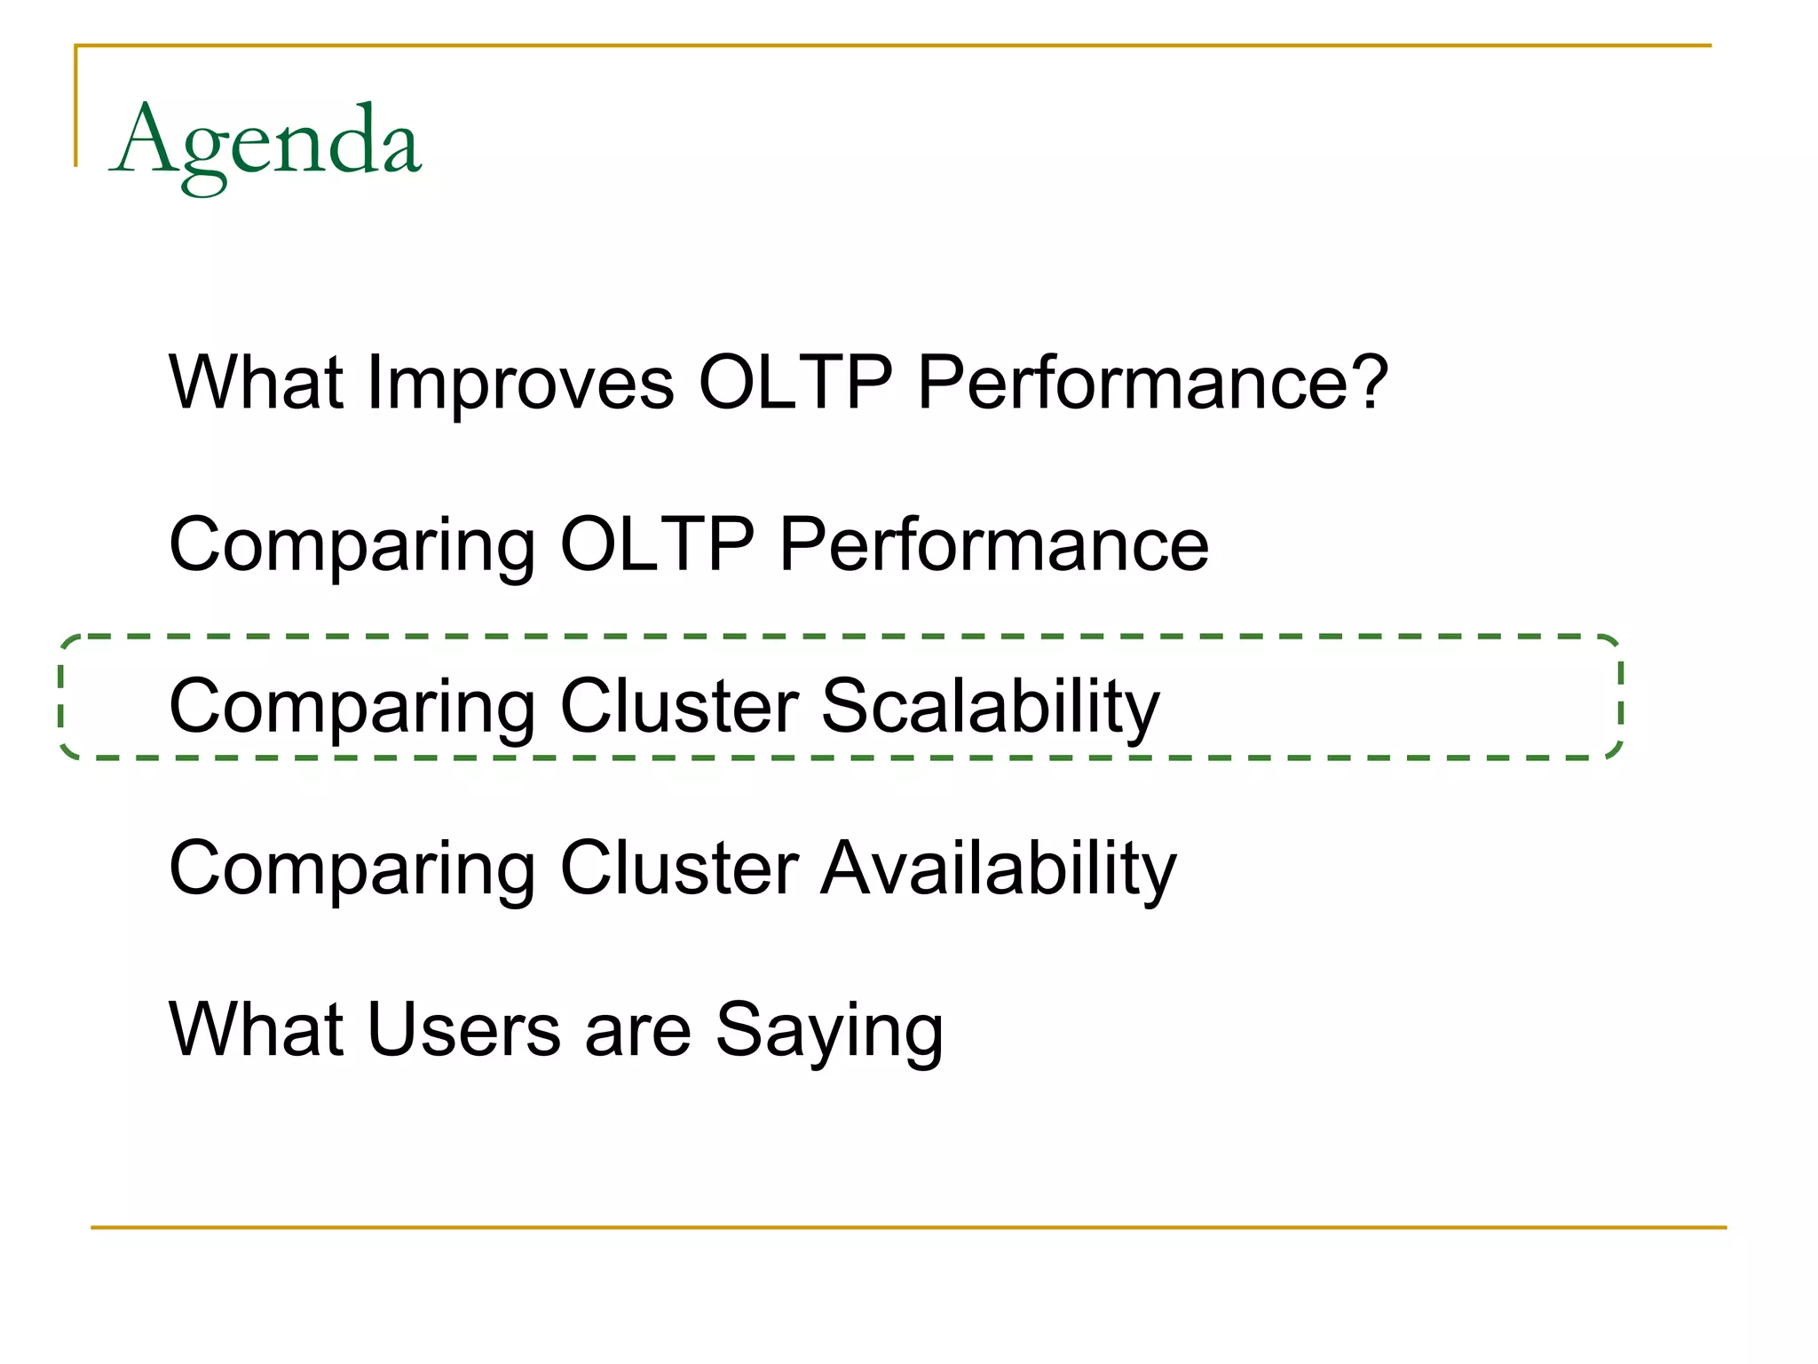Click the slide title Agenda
(x=266, y=142)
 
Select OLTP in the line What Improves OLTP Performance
(x=794, y=383)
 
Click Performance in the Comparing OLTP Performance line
(x=993, y=544)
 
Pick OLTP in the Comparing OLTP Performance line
(x=657, y=544)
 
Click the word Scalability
(x=990, y=707)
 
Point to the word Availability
(x=998, y=868)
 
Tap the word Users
(x=463, y=1030)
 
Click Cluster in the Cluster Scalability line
(x=680, y=707)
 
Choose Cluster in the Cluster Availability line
(x=680, y=868)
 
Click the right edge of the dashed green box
(x=1620, y=698)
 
